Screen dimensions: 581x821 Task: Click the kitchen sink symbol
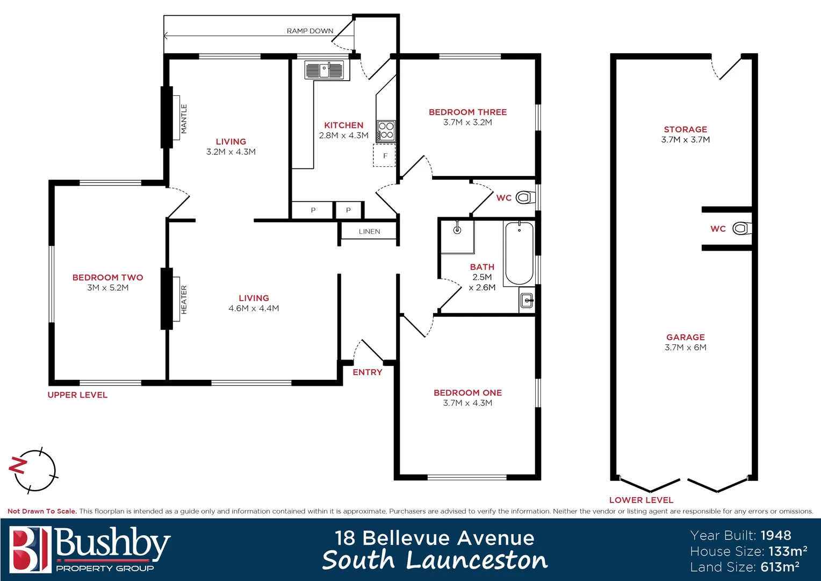point(324,70)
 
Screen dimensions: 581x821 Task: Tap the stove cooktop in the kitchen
point(386,131)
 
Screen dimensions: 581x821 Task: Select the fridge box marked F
point(385,155)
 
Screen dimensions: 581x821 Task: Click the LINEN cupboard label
point(369,231)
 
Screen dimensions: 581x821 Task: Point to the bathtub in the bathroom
point(519,253)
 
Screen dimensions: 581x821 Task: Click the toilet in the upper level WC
point(524,197)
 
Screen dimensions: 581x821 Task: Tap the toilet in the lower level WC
point(741,229)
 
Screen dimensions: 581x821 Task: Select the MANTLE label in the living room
point(184,119)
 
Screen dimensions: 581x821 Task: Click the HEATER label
point(184,300)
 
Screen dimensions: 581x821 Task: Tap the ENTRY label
point(368,372)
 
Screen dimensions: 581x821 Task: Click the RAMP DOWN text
point(310,31)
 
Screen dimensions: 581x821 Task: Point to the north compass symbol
point(33,470)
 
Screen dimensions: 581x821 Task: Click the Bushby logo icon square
point(30,549)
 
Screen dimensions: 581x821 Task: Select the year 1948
point(776,535)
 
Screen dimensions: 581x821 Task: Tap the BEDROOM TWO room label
point(107,278)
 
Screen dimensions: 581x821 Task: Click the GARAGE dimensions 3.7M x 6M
point(685,348)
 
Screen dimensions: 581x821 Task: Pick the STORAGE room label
point(685,129)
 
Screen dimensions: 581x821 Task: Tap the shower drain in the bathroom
point(457,230)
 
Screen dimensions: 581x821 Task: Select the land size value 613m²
point(780,566)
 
